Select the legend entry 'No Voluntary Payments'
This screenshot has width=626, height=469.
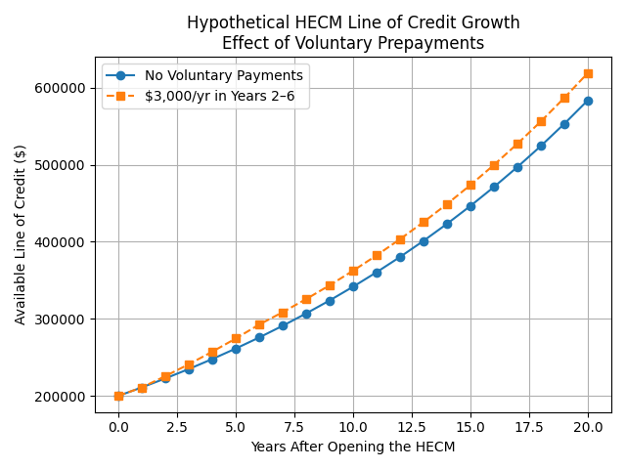223,75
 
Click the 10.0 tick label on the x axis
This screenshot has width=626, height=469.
353,427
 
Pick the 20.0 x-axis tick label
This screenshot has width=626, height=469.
588,427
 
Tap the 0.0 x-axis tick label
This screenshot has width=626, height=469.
118,427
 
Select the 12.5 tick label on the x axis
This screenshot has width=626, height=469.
412,427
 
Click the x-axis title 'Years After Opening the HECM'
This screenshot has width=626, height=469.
353,448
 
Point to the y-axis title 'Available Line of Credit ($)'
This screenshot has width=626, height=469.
21,234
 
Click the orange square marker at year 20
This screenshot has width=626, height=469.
588,73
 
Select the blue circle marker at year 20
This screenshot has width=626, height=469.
588,101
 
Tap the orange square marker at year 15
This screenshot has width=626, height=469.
470,185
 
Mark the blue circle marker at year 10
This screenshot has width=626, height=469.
353,286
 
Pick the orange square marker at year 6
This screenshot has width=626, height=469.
259,324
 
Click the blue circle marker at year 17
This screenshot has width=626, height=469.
517,167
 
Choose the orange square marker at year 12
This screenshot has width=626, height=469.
400,239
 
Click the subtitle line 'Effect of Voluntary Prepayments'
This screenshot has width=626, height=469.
353,43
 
